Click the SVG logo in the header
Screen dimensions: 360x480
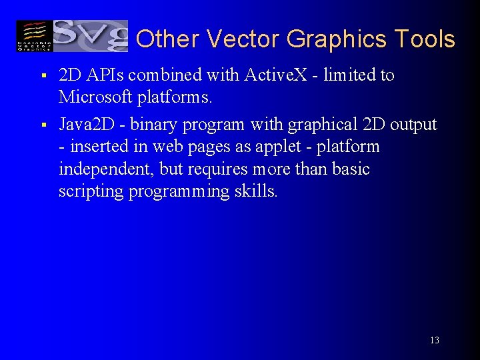(91, 36)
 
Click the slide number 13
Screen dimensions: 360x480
(435, 341)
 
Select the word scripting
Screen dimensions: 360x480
(89, 192)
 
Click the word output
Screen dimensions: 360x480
(413, 125)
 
